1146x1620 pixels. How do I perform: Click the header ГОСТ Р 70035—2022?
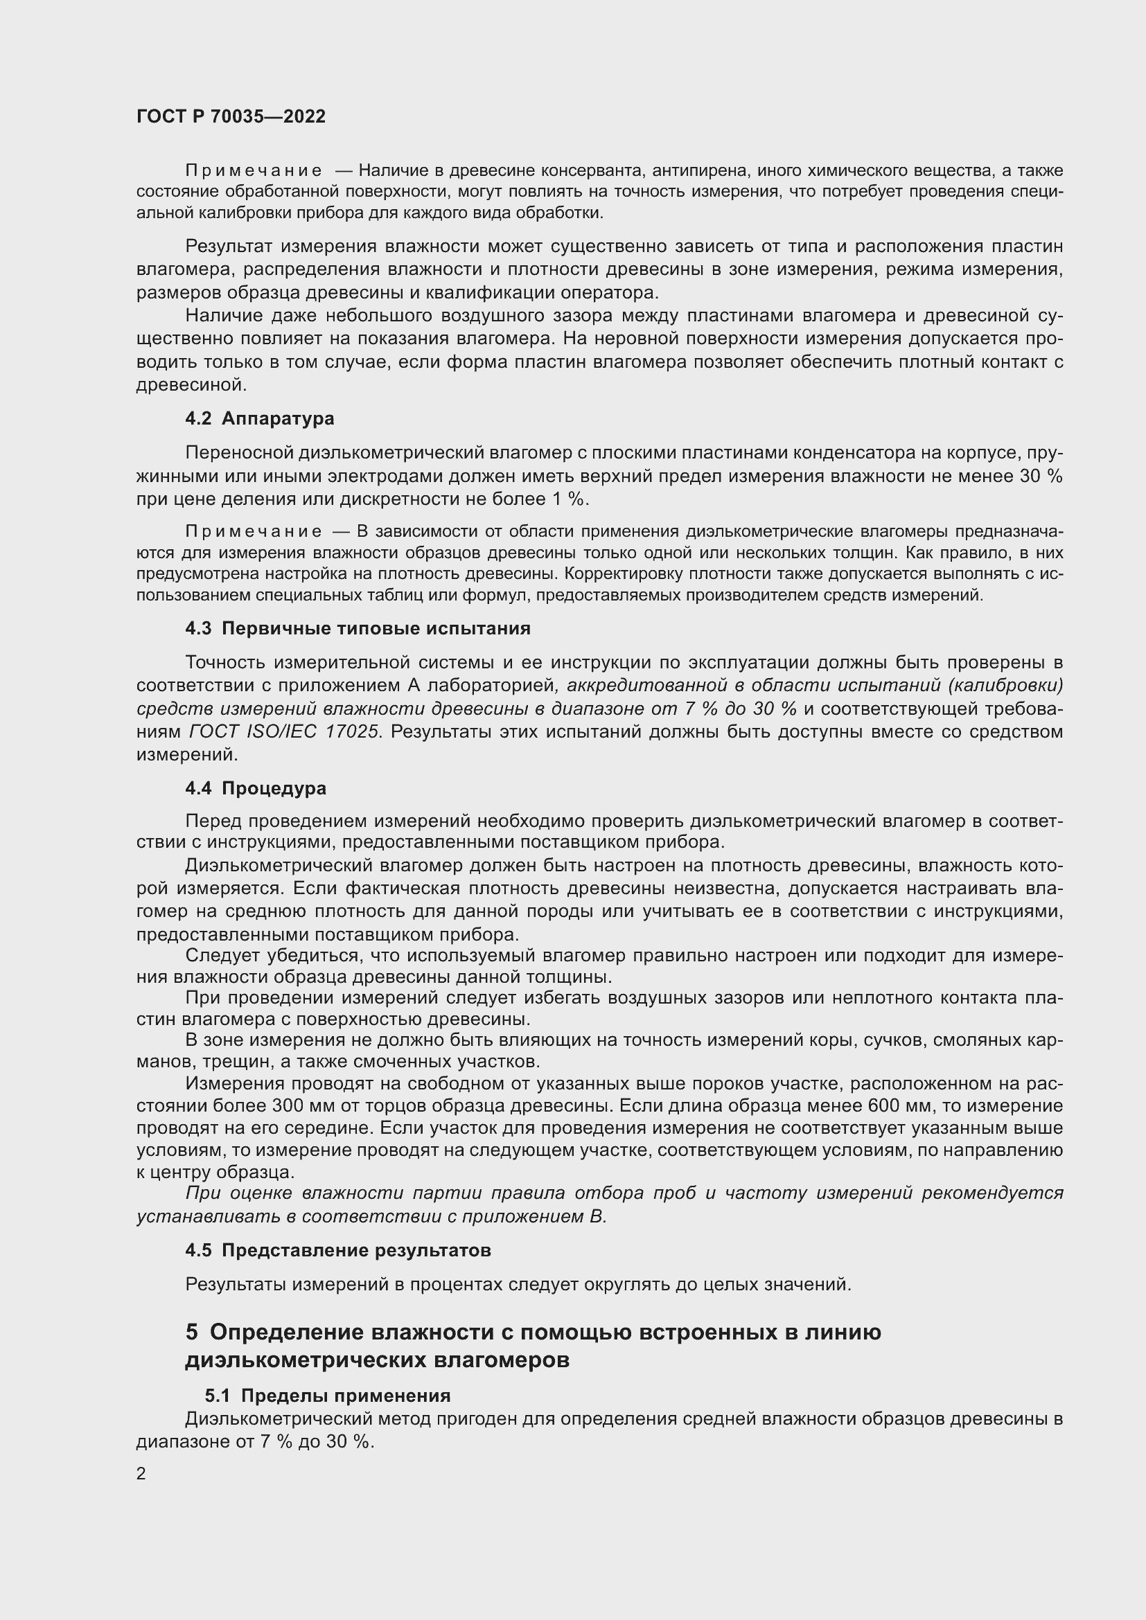pyautogui.click(x=231, y=117)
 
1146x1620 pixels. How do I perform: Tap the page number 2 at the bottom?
pyautogui.click(x=141, y=1473)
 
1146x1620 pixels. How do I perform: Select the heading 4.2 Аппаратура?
pyautogui.click(x=259, y=418)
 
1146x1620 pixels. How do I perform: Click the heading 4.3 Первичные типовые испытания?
pyautogui.click(x=357, y=628)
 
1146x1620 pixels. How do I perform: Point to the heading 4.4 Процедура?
pyautogui.click(x=256, y=787)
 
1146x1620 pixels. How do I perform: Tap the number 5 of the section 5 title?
pyautogui.click(x=192, y=1332)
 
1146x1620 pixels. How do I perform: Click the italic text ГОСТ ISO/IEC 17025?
pyautogui.click(x=284, y=731)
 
